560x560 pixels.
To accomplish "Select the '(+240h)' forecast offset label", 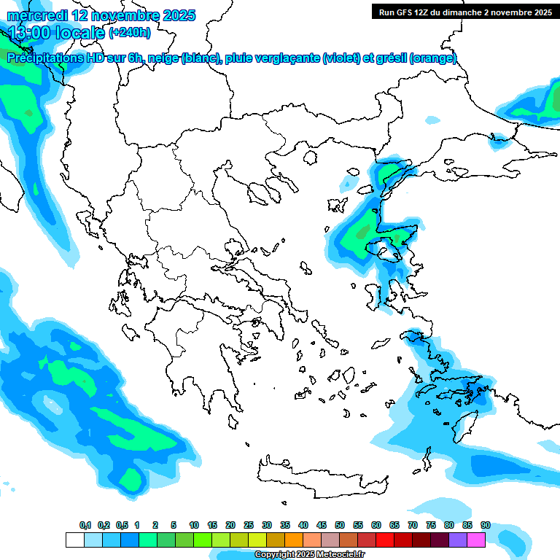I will pyautogui.click(x=130, y=33).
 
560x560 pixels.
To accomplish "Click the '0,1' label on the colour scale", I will pyautogui.click(x=85, y=525).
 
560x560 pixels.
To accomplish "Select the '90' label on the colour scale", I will pyautogui.click(x=486, y=525).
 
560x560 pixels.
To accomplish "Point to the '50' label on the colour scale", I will pyautogui.click(x=340, y=525).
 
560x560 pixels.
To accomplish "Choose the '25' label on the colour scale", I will pyautogui.click(x=249, y=525).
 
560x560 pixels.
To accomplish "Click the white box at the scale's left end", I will pyautogui.click(x=74, y=540).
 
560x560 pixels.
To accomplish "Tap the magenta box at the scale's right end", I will pyautogui.click(x=476, y=540).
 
